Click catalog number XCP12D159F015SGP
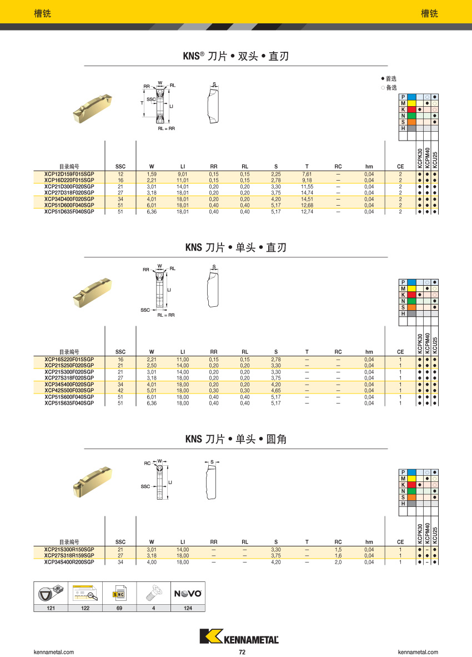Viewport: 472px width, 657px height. [x=69, y=174]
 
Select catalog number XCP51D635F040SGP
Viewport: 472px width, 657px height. [x=69, y=212]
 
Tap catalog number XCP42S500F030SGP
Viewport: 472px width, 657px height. [x=69, y=391]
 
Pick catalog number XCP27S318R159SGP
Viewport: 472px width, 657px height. [x=69, y=556]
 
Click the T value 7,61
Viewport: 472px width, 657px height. [x=307, y=175]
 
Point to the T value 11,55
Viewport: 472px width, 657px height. [x=307, y=187]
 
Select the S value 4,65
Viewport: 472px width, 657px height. [x=276, y=391]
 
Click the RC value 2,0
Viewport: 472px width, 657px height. [x=338, y=563]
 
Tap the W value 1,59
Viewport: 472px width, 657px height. [x=152, y=175]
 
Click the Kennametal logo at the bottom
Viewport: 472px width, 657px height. [x=239, y=636]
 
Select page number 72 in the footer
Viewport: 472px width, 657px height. [x=242, y=652]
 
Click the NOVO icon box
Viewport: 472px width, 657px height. [x=188, y=593]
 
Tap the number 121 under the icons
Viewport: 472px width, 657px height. [x=51, y=608]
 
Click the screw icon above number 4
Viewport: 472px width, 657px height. [x=154, y=593]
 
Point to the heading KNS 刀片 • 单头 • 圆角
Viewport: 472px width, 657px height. [x=236, y=439]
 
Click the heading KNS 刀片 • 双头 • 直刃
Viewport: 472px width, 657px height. [x=236, y=56]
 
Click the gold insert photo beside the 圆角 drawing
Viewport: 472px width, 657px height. [x=93, y=482]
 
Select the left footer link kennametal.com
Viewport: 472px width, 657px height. [x=53, y=652]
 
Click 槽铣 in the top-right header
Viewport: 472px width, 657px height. [x=429, y=13]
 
